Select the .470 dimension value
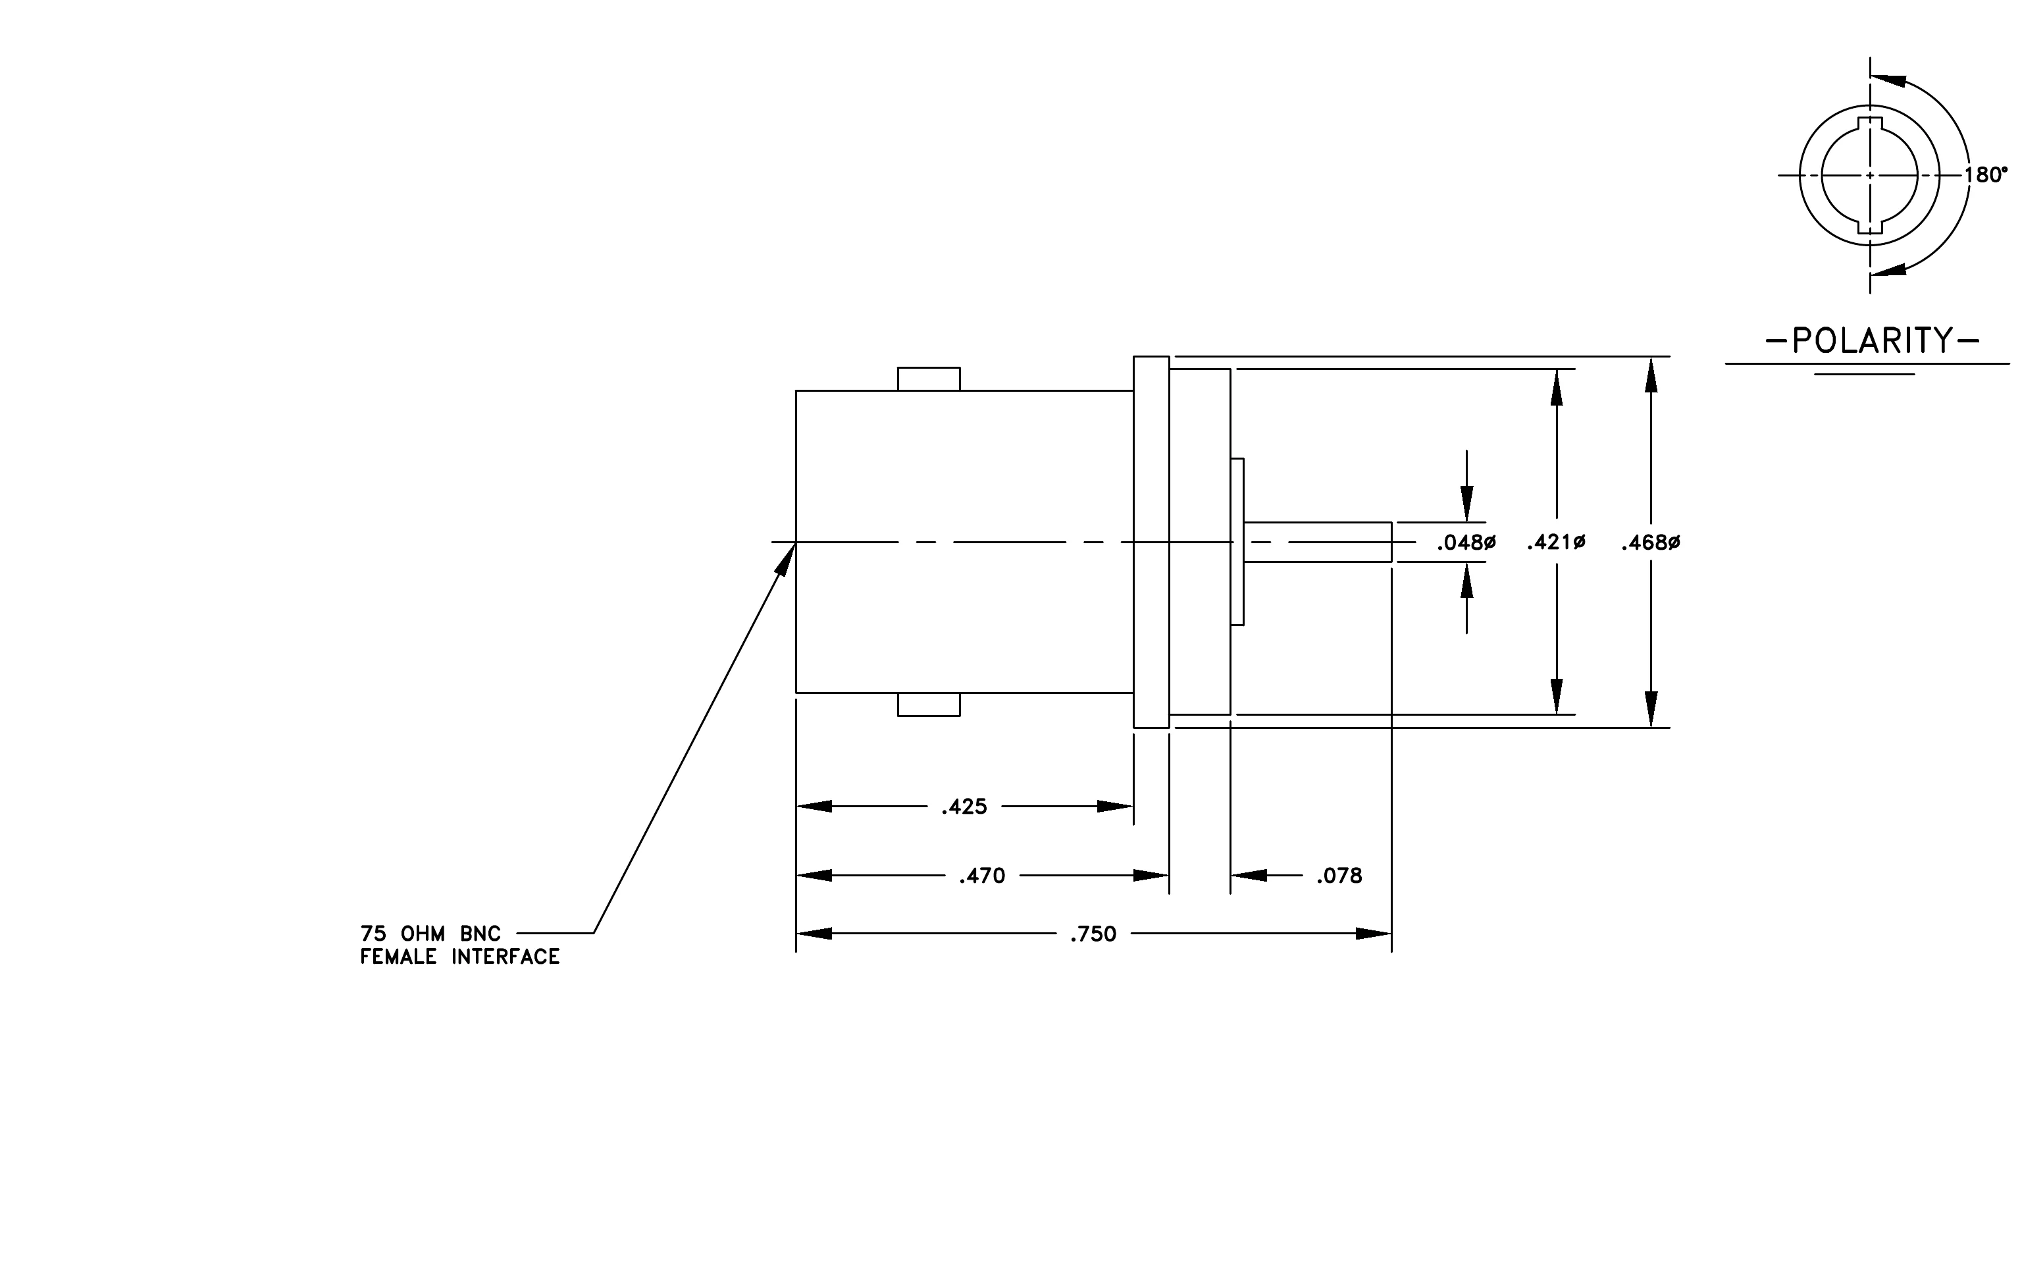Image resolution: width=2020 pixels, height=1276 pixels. coord(981,876)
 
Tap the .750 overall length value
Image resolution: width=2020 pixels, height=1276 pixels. coord(1093,934)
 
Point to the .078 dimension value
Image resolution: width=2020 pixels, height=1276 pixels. coord(1339,876)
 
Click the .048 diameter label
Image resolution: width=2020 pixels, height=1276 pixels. coord(1466,543)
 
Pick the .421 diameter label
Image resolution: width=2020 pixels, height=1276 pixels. coord(1556,543)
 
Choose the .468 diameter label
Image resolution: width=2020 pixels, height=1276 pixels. coord(1651,543)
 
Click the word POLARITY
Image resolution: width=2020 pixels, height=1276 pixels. coord(1873,340)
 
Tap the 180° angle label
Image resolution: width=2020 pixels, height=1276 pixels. coord(1986,175)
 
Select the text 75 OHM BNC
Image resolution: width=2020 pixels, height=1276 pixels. coord(430,934)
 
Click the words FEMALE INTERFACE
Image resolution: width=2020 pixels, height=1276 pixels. coord(459,957)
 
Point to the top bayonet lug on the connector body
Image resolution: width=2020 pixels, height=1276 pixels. coord(929,379)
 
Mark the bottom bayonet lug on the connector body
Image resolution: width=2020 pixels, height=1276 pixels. coord(929,704)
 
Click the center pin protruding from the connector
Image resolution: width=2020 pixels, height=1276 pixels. coord(1318,542)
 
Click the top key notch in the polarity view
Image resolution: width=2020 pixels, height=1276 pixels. coord(1870,124)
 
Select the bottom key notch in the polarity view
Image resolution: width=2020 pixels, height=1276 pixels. coord(1870,226)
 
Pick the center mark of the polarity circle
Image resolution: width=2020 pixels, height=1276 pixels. coord(1870,175)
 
